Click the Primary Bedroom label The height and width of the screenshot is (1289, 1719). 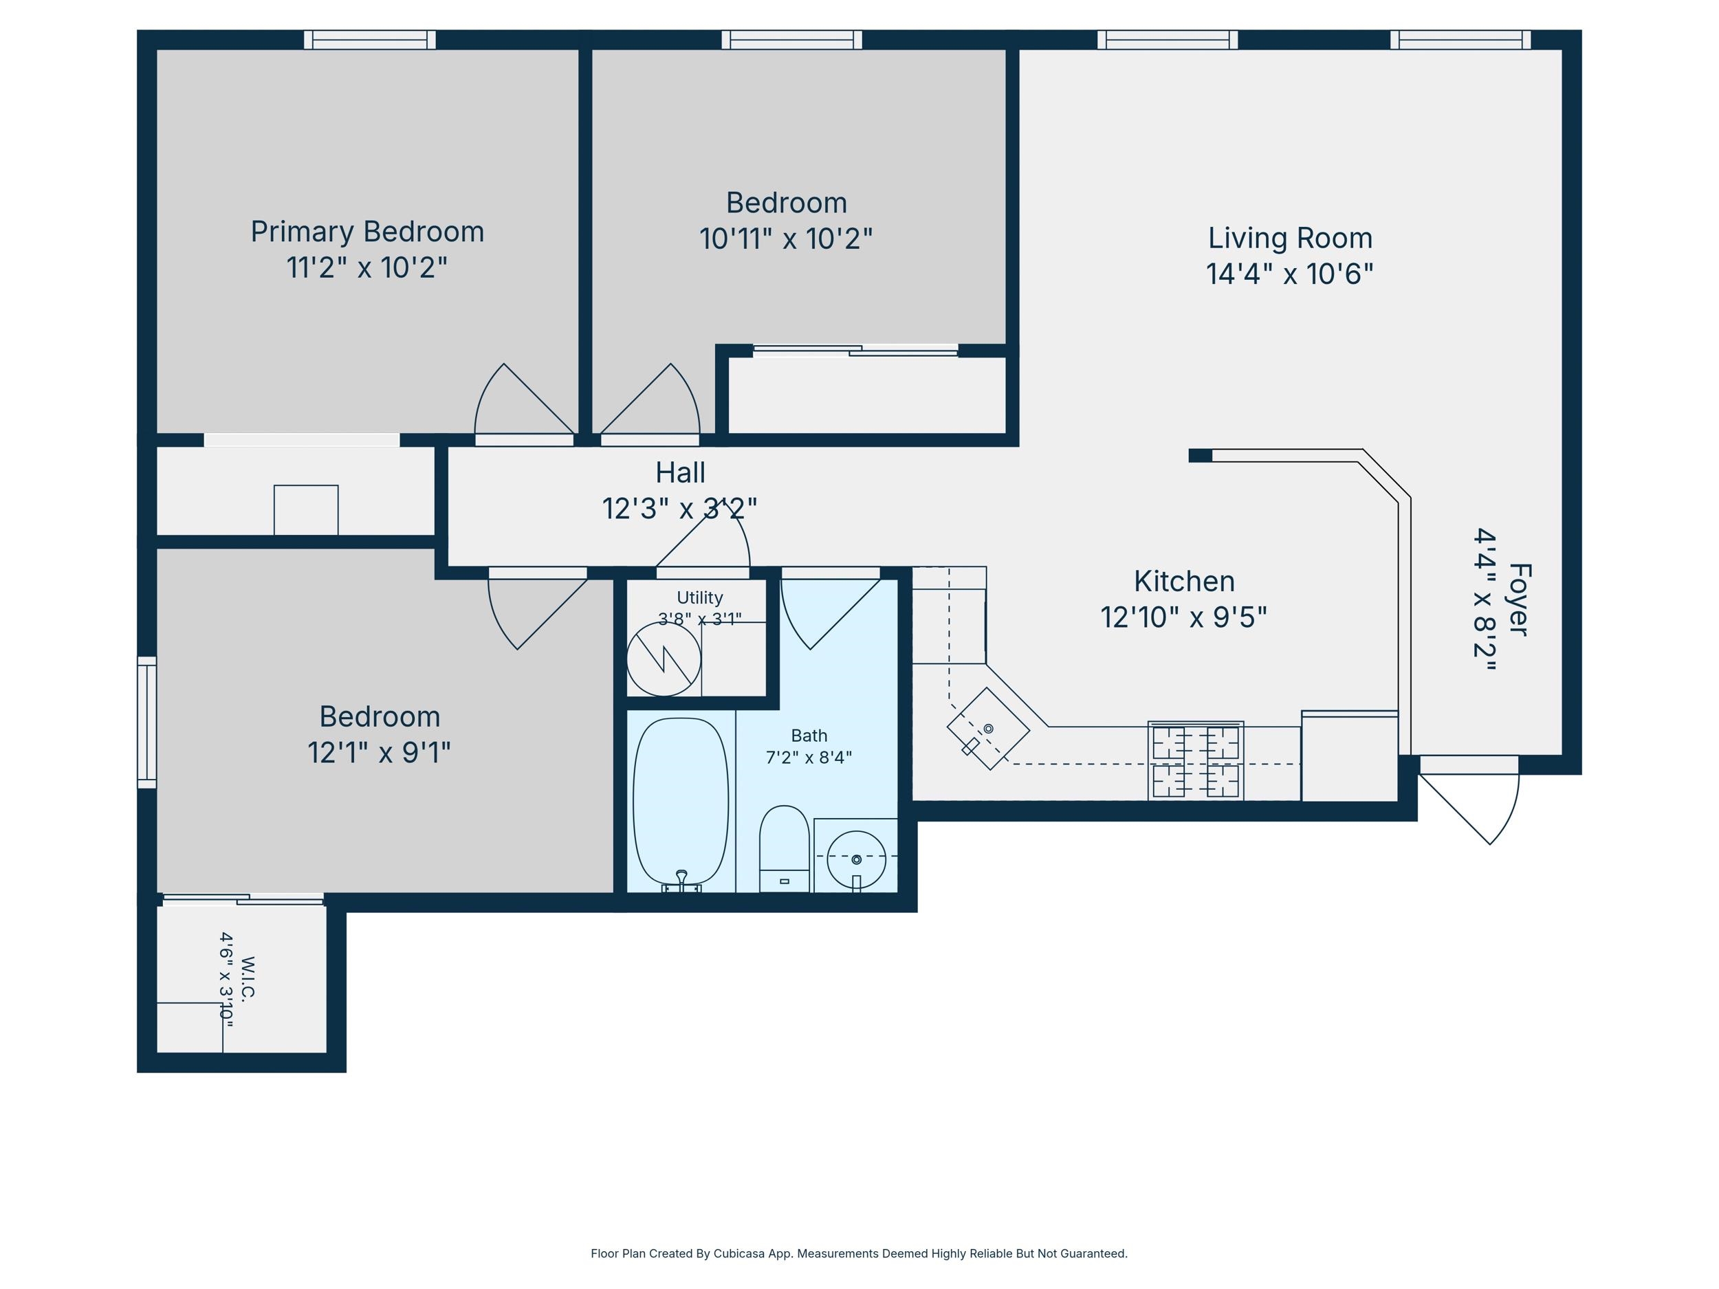[366, 232]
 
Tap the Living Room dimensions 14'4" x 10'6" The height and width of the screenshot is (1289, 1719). [1289, 274]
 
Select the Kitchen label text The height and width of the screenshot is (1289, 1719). [1183, 581]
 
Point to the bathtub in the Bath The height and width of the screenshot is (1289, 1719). [681, 805]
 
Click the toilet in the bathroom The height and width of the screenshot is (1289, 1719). [784, 849]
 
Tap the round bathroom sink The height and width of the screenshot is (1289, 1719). [855, 859]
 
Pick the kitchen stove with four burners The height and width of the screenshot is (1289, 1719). [1195, 760]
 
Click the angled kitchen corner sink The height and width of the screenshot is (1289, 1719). [987, 729]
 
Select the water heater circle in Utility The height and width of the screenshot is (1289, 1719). [664, 659]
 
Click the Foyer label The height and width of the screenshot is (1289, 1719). [1520, 600]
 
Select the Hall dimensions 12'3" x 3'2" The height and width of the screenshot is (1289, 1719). [679, 509]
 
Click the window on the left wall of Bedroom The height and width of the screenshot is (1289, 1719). [147, 723]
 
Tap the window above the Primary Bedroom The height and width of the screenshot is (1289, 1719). [369, 40]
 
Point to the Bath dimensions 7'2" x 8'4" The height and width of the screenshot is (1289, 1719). [809, 758]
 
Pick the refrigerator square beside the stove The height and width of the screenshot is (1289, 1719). [1350, 756]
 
